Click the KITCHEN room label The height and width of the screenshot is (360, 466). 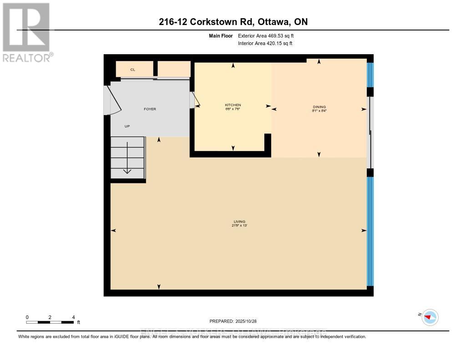(x=233, y=105)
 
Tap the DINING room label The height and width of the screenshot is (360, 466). (x=319, y=107)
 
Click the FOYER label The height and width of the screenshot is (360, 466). (x=150, y=109)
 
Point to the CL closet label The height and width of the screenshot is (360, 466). (x=133, y=70)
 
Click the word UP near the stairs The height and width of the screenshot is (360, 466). (x=127, y=127)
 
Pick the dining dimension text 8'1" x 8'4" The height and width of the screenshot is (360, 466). (x=319, y=111)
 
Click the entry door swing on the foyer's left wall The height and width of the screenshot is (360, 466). (x=112, y=101)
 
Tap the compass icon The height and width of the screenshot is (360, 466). (x=430, y=317)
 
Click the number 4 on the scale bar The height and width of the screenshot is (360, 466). (x=73, y=317)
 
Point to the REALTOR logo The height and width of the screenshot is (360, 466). (x=26, y=32)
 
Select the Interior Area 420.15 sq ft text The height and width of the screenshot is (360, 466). (x=265, y=44)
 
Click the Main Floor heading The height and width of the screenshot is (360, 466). (x=221, y=35)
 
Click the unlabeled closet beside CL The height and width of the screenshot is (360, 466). (x=174, y=69)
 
